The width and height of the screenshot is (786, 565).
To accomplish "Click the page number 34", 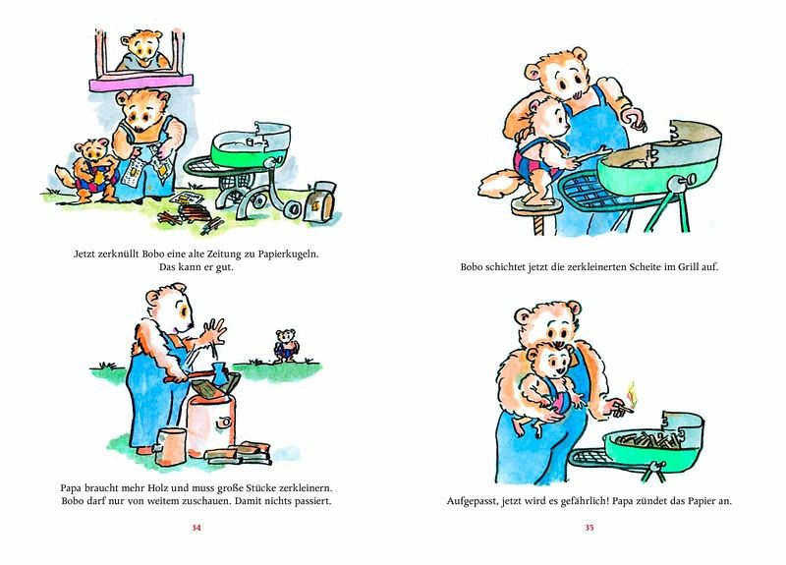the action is tap(196, 528).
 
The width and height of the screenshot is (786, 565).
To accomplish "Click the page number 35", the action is tap(589, 528).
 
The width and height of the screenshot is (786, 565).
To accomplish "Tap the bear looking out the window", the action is tap(141, 50).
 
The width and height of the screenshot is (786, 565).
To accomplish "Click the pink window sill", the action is tap(140, 83).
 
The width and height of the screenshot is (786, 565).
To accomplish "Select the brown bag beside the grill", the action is tap(322, 200).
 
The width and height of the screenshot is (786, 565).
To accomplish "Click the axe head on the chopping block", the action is tap(220, 373).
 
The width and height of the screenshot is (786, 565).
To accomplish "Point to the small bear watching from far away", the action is tap(286, 346).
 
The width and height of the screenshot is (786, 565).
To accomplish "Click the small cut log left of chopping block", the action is tap(170, 446).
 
